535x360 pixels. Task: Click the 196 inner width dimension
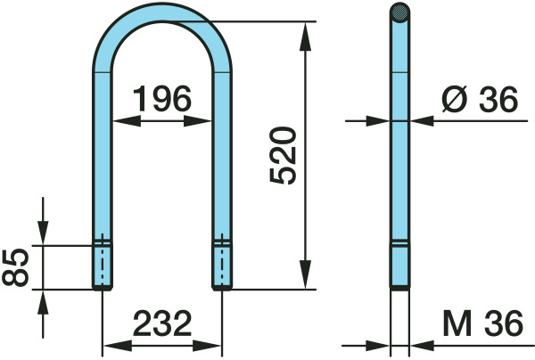pyautogui.click(x=162, y=99)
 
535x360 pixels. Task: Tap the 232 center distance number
pyautogui.click(x=162, y=323)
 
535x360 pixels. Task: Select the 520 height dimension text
pyautogui.click(x=283, y=155)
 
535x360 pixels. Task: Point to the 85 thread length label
pyautogui.click(x=15, y=267)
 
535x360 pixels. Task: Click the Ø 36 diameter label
pyautogui.click(x=480, y=99)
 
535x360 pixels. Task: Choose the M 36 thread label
pyautogui.click(x=482, y=323)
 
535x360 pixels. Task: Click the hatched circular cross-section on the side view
pyautogui.click(x=399, y=13)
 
